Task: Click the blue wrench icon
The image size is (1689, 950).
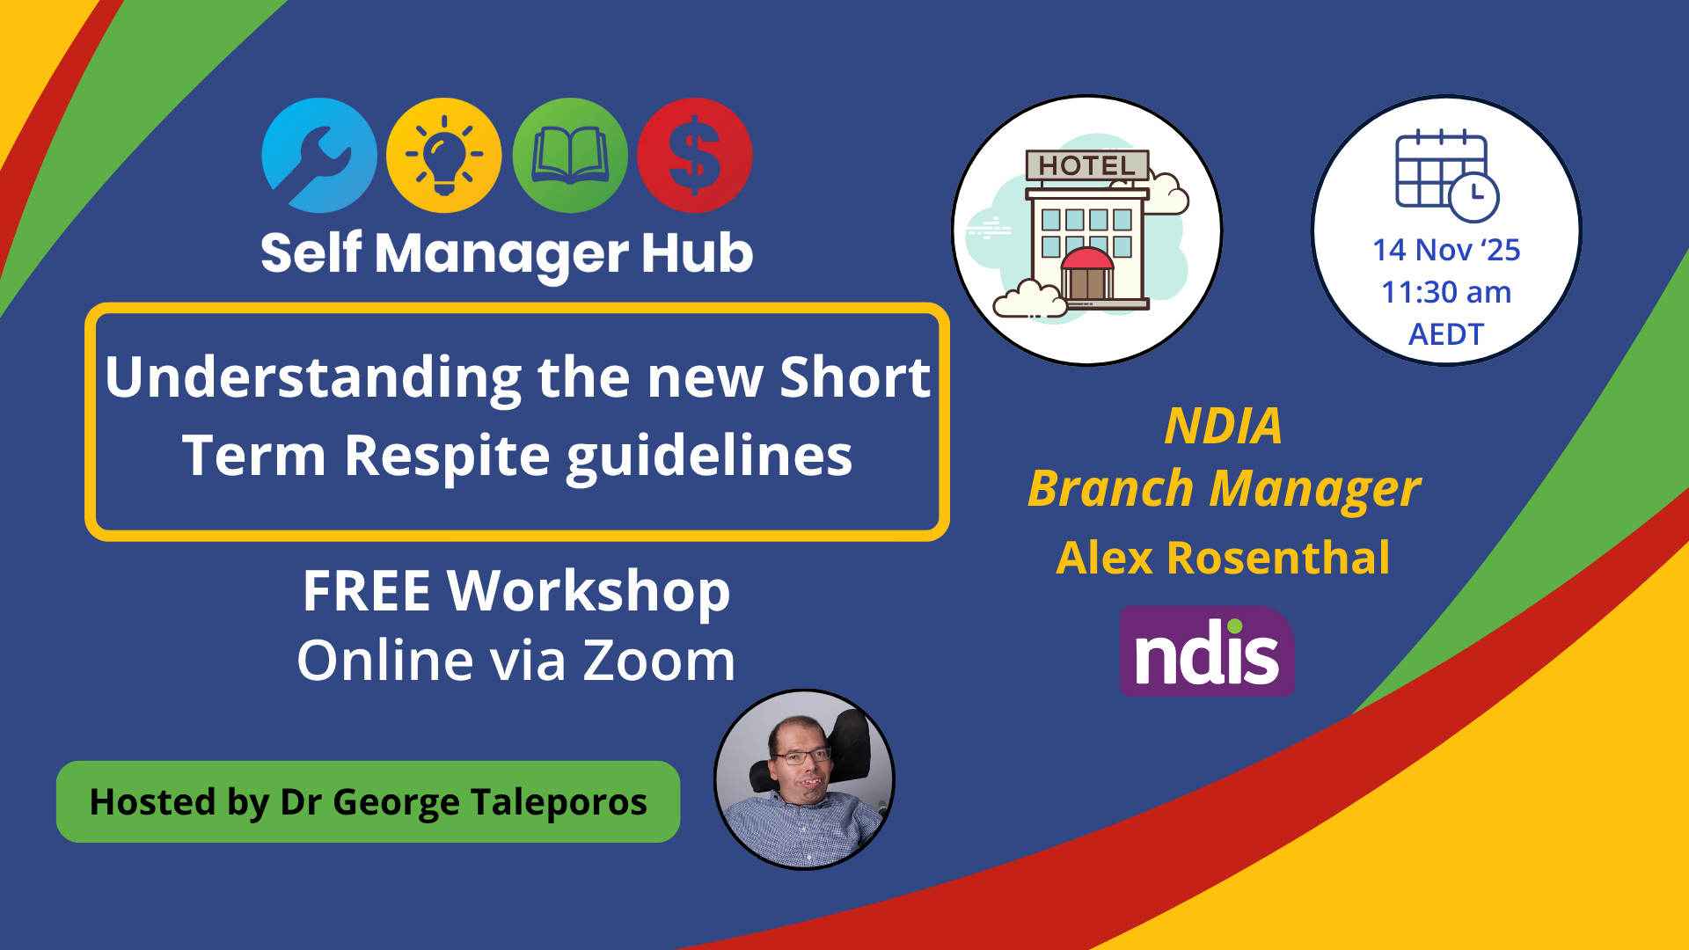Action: click(319, 156)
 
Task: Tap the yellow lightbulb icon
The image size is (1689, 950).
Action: click(444, 156)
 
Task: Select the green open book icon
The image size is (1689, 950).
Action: click(570, 156)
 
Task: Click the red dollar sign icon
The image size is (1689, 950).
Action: click(695, 156)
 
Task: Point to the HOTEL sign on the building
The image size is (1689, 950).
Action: click(1087, 165)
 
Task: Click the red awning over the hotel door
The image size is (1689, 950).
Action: click(1087, 259)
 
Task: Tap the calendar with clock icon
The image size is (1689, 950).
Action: click(1446, 176)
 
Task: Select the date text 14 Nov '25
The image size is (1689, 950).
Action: click(1446, 250)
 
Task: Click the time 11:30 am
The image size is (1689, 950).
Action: click(1446, 292)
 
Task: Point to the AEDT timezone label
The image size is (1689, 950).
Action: click(1446, 334)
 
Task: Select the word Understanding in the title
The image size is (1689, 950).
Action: click(313, 377)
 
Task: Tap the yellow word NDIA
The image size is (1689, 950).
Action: click(1223, 426)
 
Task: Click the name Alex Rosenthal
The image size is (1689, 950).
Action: click(1223, 558)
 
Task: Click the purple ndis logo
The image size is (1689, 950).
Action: click(1207, 652)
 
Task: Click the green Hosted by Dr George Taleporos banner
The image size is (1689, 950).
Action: click(368, 802)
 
